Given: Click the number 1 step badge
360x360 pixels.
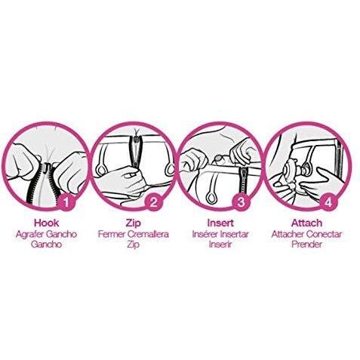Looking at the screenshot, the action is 66,202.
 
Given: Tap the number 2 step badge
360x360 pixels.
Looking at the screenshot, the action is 153,202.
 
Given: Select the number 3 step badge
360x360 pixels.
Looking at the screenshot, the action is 242,202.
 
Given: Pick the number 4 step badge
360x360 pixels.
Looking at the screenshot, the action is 328,202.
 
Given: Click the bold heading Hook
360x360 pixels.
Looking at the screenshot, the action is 46,223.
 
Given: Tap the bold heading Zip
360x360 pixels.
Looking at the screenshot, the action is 134,223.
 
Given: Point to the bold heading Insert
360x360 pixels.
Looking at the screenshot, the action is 220,223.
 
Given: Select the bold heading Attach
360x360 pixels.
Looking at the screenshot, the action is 306,223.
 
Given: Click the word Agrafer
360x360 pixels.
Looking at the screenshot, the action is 30,235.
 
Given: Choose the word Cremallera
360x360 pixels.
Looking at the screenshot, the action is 148,234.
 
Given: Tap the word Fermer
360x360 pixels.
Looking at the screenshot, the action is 112,234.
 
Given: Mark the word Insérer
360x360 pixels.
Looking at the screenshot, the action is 205,234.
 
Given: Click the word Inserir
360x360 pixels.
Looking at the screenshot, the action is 220,245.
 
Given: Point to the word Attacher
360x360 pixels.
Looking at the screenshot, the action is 288,234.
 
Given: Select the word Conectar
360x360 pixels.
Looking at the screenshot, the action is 324,234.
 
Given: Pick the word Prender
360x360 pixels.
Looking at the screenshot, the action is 306,245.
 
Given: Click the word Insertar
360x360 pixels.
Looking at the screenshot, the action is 235,234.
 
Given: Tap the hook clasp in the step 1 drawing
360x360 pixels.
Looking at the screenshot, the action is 48,168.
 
